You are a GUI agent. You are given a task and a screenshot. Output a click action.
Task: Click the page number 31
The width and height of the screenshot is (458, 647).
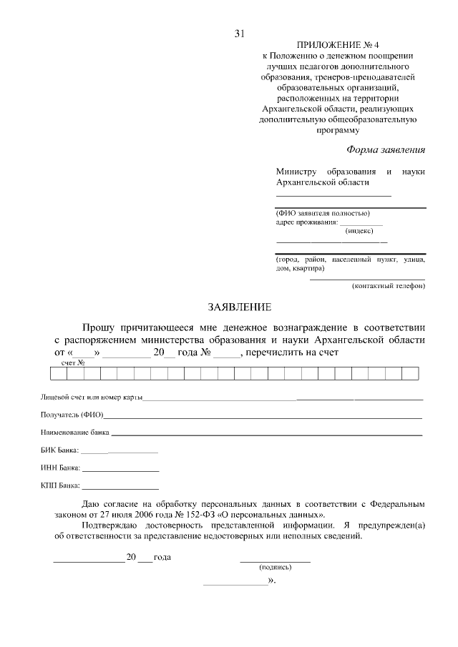coord(240,34)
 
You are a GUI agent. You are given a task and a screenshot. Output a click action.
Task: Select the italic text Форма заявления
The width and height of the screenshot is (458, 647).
coord(386,149)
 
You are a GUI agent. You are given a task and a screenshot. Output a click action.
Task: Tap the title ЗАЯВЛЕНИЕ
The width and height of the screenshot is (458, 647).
coord(240,308)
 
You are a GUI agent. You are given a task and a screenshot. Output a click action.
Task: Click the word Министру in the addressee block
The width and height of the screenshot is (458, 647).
coord(296,172)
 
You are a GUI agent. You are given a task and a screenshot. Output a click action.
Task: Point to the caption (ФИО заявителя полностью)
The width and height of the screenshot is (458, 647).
coord(323,213)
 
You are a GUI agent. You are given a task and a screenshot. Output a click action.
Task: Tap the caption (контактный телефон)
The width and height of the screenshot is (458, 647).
coord(389,286)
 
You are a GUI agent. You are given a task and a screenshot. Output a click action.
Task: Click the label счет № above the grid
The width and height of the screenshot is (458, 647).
coord(73,362)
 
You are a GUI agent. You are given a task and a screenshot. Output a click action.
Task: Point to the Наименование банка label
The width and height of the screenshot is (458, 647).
coord(75,433)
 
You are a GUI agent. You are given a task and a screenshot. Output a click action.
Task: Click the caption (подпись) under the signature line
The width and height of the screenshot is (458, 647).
coord(275,566)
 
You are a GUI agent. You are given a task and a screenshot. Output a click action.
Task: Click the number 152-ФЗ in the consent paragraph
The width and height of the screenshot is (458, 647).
coord(233,514)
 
